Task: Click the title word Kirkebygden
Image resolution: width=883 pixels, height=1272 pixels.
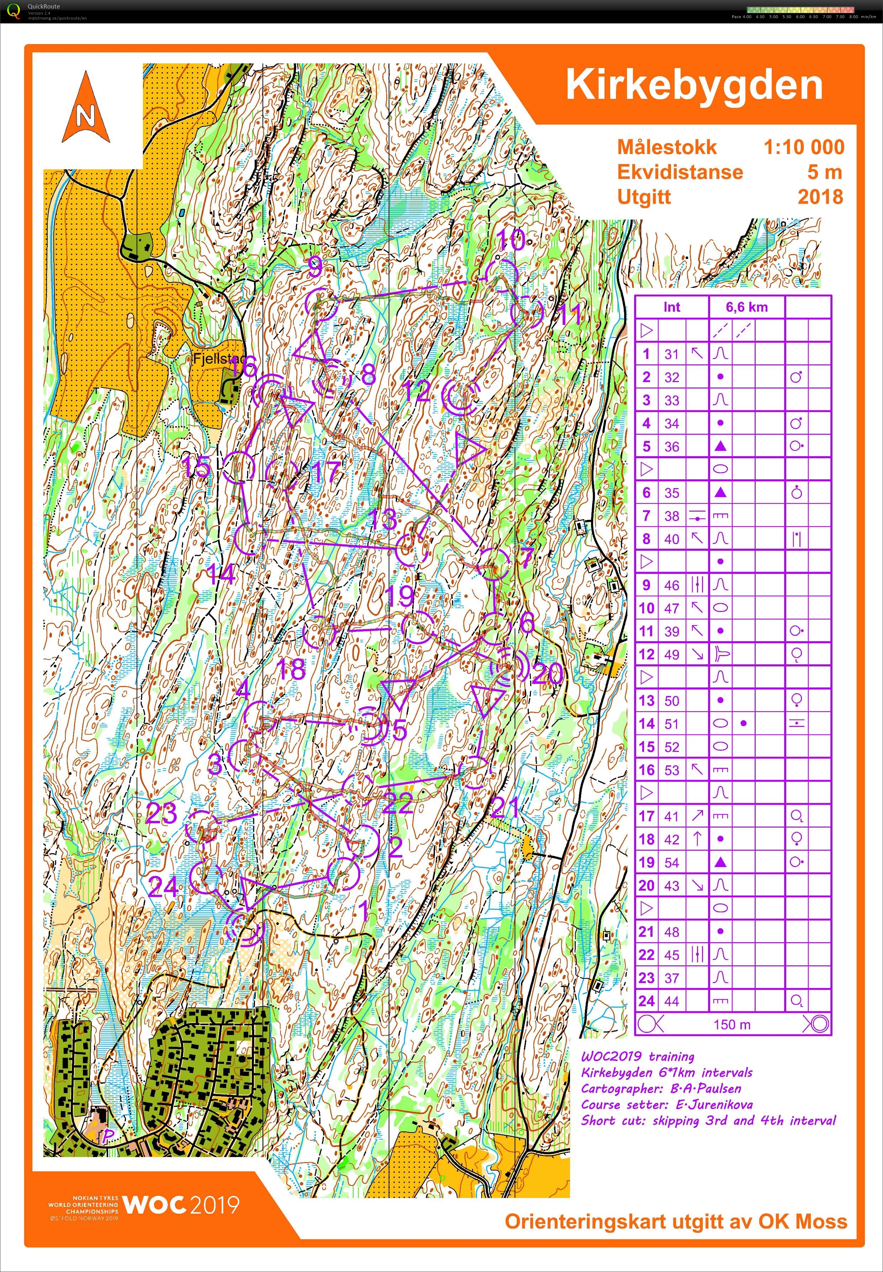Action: tap(694, 85)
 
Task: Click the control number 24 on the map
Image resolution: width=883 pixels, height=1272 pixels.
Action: tap(164, 887)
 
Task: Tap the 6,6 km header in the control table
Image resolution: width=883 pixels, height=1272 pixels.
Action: tap(746, 307)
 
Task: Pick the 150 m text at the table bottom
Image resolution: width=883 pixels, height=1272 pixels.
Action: tap(732, 1025)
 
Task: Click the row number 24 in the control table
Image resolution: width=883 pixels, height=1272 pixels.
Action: tap(646, 1001)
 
